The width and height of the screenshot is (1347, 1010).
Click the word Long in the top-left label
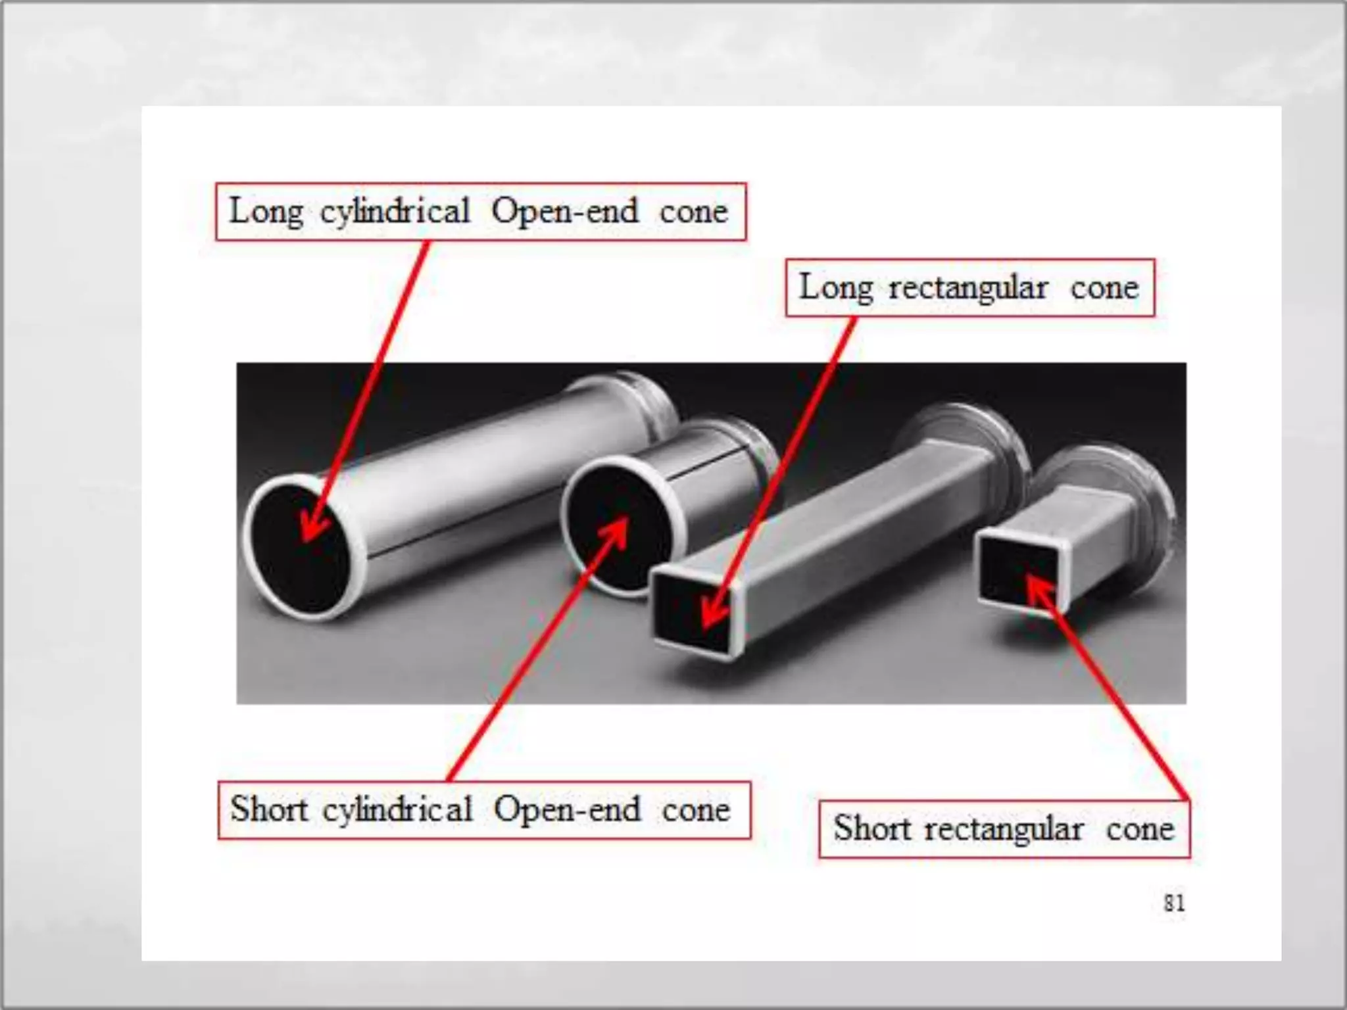pos(266,212)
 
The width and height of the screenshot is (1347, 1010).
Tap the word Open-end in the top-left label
pos(565,211)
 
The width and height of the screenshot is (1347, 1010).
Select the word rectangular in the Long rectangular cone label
pos(968,289)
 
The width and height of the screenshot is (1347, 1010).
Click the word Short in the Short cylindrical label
pos(269,809)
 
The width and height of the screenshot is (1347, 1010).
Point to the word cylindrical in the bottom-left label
pos(397,809)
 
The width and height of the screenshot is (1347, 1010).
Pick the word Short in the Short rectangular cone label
pos(872,828)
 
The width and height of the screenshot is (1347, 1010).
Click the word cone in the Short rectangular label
pos(1140,829)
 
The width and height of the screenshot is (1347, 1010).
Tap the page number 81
pos(1174,903)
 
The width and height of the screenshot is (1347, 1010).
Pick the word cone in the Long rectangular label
pos(1104,289)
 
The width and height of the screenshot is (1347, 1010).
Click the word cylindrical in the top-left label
pos(395,212)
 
